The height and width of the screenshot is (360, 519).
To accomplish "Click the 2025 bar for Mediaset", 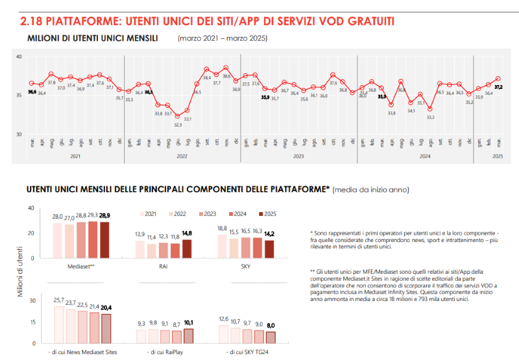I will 104,241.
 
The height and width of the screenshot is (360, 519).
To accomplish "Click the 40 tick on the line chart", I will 19,57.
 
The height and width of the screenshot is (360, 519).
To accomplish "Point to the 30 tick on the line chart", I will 19,134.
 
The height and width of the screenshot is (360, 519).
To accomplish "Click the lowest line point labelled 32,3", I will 178,116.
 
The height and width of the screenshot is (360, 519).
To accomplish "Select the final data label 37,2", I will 499,86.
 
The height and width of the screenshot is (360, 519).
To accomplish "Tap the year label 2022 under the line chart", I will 182,156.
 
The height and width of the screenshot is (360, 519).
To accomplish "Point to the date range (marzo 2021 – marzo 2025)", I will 222,39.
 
